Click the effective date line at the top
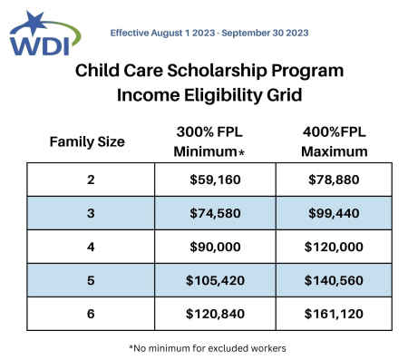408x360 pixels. [x=209, y=32]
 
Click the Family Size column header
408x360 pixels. [x=86, y=141]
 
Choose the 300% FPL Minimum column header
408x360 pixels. [x=217, y=141]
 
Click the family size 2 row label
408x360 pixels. [x=90, y=180]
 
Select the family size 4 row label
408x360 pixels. [x=90, y=247]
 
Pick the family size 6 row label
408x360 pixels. [x=90, y=314]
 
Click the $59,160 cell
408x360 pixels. [x=216, y=180]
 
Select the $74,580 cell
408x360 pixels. [x=216, y=213]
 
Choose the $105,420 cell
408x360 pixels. [x=216, y=280]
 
